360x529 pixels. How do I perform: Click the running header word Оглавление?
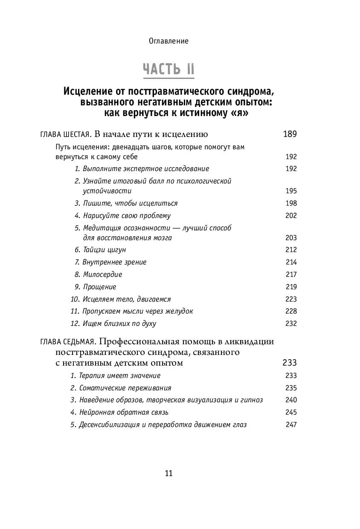[168, 41]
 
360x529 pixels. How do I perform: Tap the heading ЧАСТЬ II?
[168, 69]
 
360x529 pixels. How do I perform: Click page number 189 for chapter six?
[290, 134]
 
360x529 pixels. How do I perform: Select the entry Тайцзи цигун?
[104, 250]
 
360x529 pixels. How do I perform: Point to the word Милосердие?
[102, 274]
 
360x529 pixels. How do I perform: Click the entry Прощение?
[99, 287]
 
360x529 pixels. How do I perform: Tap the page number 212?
[291, 250]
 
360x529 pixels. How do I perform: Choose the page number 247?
[291, 424]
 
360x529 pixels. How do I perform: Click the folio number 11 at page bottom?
[168, 473]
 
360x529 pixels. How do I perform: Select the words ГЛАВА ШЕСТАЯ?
[64, 135]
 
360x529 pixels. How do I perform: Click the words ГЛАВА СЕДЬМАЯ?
[68, 342]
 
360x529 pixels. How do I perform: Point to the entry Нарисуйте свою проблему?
[127, 215]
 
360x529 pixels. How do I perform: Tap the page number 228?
[291, 311]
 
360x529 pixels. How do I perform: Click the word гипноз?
[252, 400]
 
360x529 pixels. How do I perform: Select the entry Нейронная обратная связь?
[124, 412]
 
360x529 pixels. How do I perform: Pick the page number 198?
[291, 203]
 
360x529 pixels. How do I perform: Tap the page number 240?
[291, 400]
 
